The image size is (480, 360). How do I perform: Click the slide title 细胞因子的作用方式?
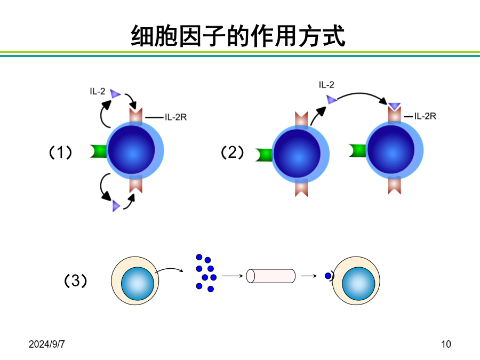click(238, 36)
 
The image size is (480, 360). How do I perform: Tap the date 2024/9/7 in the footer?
click(47, 344)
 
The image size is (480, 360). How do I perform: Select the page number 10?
click(446, 344)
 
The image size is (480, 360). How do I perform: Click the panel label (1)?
click(61, 152)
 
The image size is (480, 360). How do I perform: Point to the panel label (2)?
click(233, 152)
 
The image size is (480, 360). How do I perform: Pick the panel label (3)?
click(75, 281)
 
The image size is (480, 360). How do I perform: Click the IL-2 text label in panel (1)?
click(98, 91)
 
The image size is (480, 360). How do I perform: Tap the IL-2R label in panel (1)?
click(175, 117)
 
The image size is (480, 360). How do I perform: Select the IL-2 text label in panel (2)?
click(326, 85)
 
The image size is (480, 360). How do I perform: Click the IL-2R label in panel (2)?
click(425, 116)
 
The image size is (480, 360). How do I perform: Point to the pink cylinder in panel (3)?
click(271, 276)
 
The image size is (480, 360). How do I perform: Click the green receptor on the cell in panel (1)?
click(98, 151)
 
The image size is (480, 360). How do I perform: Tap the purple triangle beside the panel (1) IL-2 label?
click(115, 94)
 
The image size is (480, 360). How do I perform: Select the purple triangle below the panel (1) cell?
click(116, 206)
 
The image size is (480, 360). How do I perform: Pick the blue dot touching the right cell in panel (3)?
click(328, 276)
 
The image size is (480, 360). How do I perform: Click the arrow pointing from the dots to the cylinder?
click(233, 276)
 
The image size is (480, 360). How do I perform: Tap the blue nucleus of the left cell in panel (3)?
click(138, 284)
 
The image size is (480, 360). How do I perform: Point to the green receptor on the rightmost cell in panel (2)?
click(357, 150)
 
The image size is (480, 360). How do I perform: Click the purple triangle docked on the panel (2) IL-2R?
click(395, 106)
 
